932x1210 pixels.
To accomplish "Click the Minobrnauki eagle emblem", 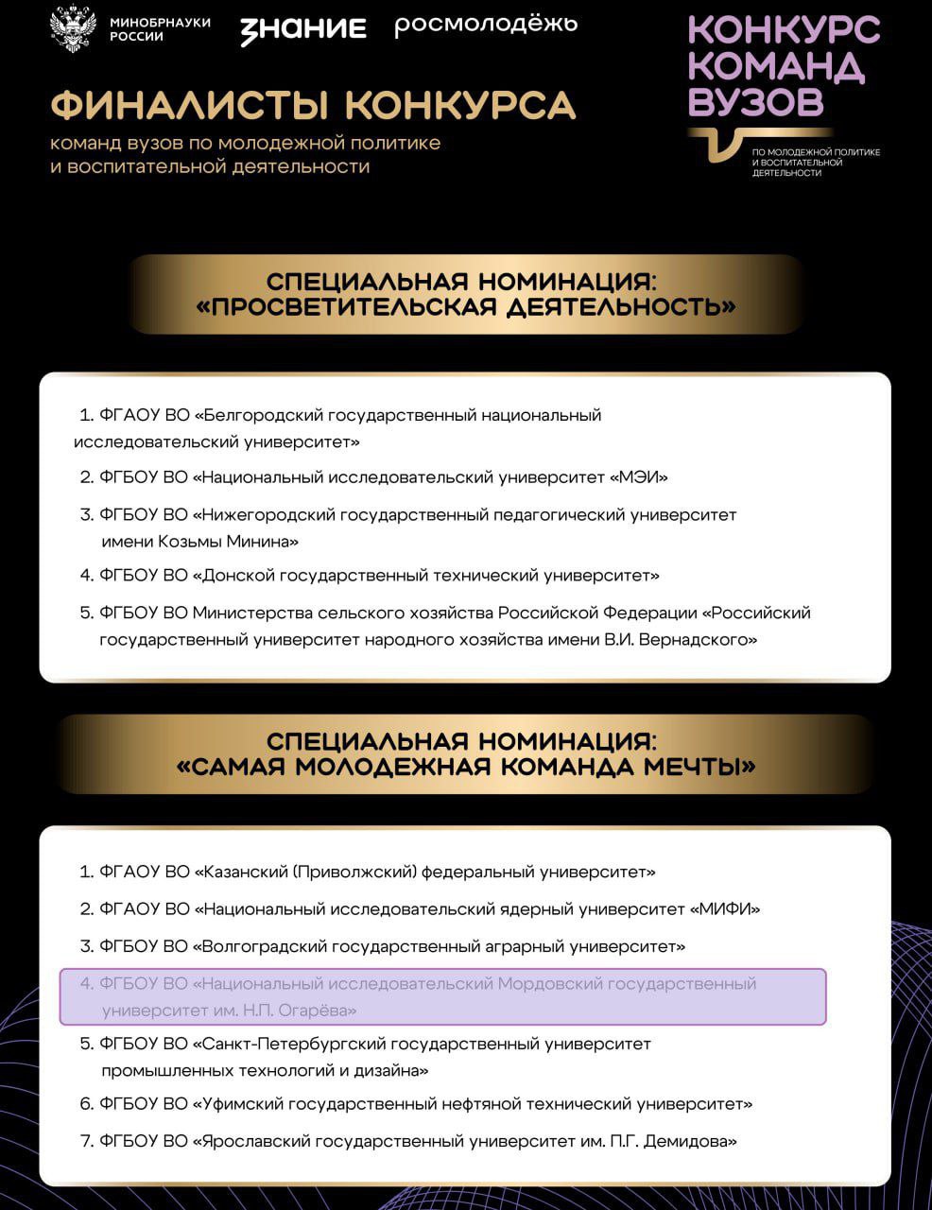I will pyautogui.click(x=72, y=28).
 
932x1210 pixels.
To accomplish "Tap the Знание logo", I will pyautogui.click(x=302, y=29).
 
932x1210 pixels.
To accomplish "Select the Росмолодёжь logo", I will pyautogui.click(x=485, y=25).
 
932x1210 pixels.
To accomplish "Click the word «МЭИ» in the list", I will pyautogui.click(x=643, y=477).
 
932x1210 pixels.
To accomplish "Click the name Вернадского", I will pyautogui.click(x=698, y=640).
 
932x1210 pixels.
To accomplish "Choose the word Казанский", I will pyautogui.click(x=241, y=872).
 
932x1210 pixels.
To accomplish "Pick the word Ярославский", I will pyautogui.click(x=251, y=1141).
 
